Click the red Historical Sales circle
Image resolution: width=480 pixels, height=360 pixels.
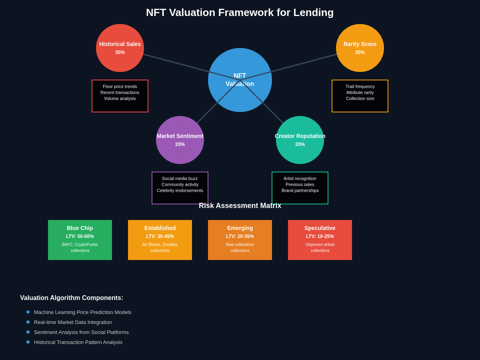coord(120,60)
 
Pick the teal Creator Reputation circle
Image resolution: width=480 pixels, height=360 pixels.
coord(300,154)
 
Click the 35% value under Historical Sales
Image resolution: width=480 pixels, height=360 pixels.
coord(120,52)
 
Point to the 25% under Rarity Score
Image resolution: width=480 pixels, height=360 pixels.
coord(360,52)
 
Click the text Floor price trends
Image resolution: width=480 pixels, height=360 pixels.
coord(120,86)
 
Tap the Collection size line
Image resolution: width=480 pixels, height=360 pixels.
coord(360,98)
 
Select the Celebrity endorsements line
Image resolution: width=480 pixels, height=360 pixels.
coord(180,190)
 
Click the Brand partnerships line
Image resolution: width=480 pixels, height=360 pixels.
coord(300,190)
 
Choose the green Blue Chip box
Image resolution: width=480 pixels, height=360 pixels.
coord(80,240)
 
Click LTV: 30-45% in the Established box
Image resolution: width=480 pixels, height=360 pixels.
coord(160,236)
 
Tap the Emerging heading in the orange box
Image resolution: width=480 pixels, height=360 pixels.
coord(240,228)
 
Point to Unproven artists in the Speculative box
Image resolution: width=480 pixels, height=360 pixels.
coord(320,245)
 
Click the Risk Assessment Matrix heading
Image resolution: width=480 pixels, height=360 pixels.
coord(240,206)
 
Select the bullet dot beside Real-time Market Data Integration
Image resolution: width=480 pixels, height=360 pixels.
coord(28,322)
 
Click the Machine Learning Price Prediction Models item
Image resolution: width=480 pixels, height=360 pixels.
coord(82,312)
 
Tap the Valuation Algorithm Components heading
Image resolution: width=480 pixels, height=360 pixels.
coord(72,298)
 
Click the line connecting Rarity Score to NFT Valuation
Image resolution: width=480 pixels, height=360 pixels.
coord(304,63)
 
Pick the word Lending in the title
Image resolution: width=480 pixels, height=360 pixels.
coord(314,12)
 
